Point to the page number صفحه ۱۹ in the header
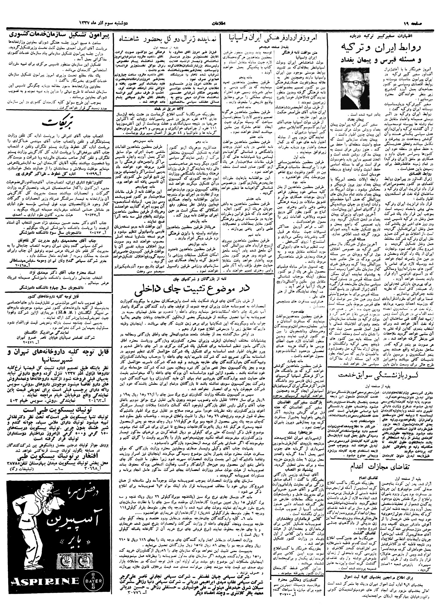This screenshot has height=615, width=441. pyautogui.click(x=422, y=23)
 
